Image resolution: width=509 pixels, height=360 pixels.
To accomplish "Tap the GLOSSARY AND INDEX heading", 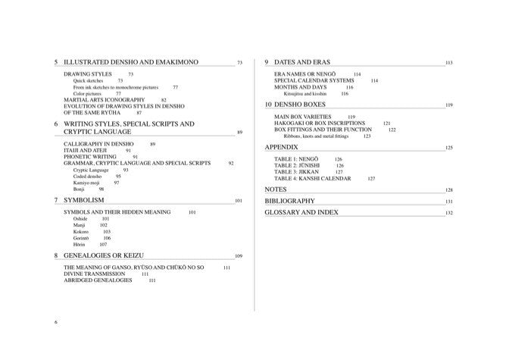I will point(301,213).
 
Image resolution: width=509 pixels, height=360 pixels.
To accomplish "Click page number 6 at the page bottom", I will point(57,322).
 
